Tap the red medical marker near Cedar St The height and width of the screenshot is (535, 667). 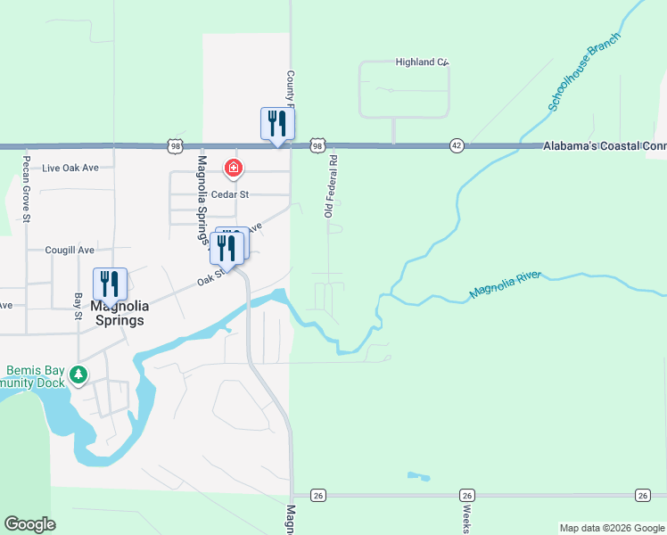[x=234, y=168]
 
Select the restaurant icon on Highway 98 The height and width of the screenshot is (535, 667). [x=277, y=123]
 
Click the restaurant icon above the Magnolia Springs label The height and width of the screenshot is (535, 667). [x=110, y=284]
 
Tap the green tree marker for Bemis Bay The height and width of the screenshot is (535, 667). [x=79, y=374]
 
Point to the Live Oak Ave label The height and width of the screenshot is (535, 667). [x=69, y=168]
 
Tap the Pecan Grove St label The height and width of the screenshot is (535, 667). [x=27, y=193]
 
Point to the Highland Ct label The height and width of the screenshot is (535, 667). [x=421, y=62]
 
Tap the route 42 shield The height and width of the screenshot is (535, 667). [x=457, y=145]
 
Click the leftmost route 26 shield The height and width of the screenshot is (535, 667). [x=317, y=495]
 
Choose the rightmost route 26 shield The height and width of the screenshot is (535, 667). [x=643, y=495]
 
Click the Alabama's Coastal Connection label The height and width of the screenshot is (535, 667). [x=605, y=145]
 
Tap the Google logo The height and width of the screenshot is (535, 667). [x=29, y=524]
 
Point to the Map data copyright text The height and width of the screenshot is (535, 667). [x=612, y=528]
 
